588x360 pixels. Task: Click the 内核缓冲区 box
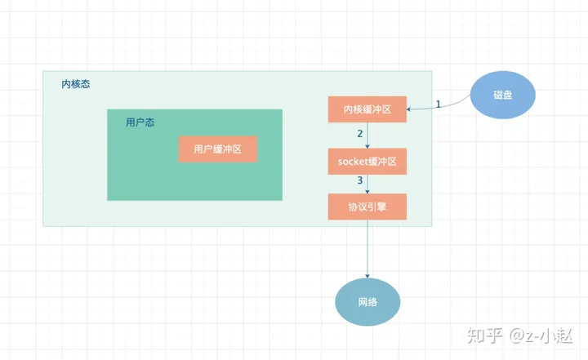tap(367, 109)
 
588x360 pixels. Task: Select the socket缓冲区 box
tap(367, 162)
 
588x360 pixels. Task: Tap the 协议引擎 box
tap(367, 207)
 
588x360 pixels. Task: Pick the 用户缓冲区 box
tap(218, 149)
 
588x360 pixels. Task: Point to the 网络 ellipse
tap(367, 302)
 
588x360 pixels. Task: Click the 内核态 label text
tap(76, 85)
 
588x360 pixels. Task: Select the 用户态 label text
tap(140, 122)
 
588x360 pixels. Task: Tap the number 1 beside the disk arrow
tap(438, 104)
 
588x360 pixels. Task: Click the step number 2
tap(359, 133)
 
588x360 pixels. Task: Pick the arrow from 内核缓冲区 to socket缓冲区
tap(367, 136)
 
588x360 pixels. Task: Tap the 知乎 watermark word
tap(480, 334)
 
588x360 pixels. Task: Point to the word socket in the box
tap(352, 162)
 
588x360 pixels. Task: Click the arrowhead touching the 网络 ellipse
tap(367, 275)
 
